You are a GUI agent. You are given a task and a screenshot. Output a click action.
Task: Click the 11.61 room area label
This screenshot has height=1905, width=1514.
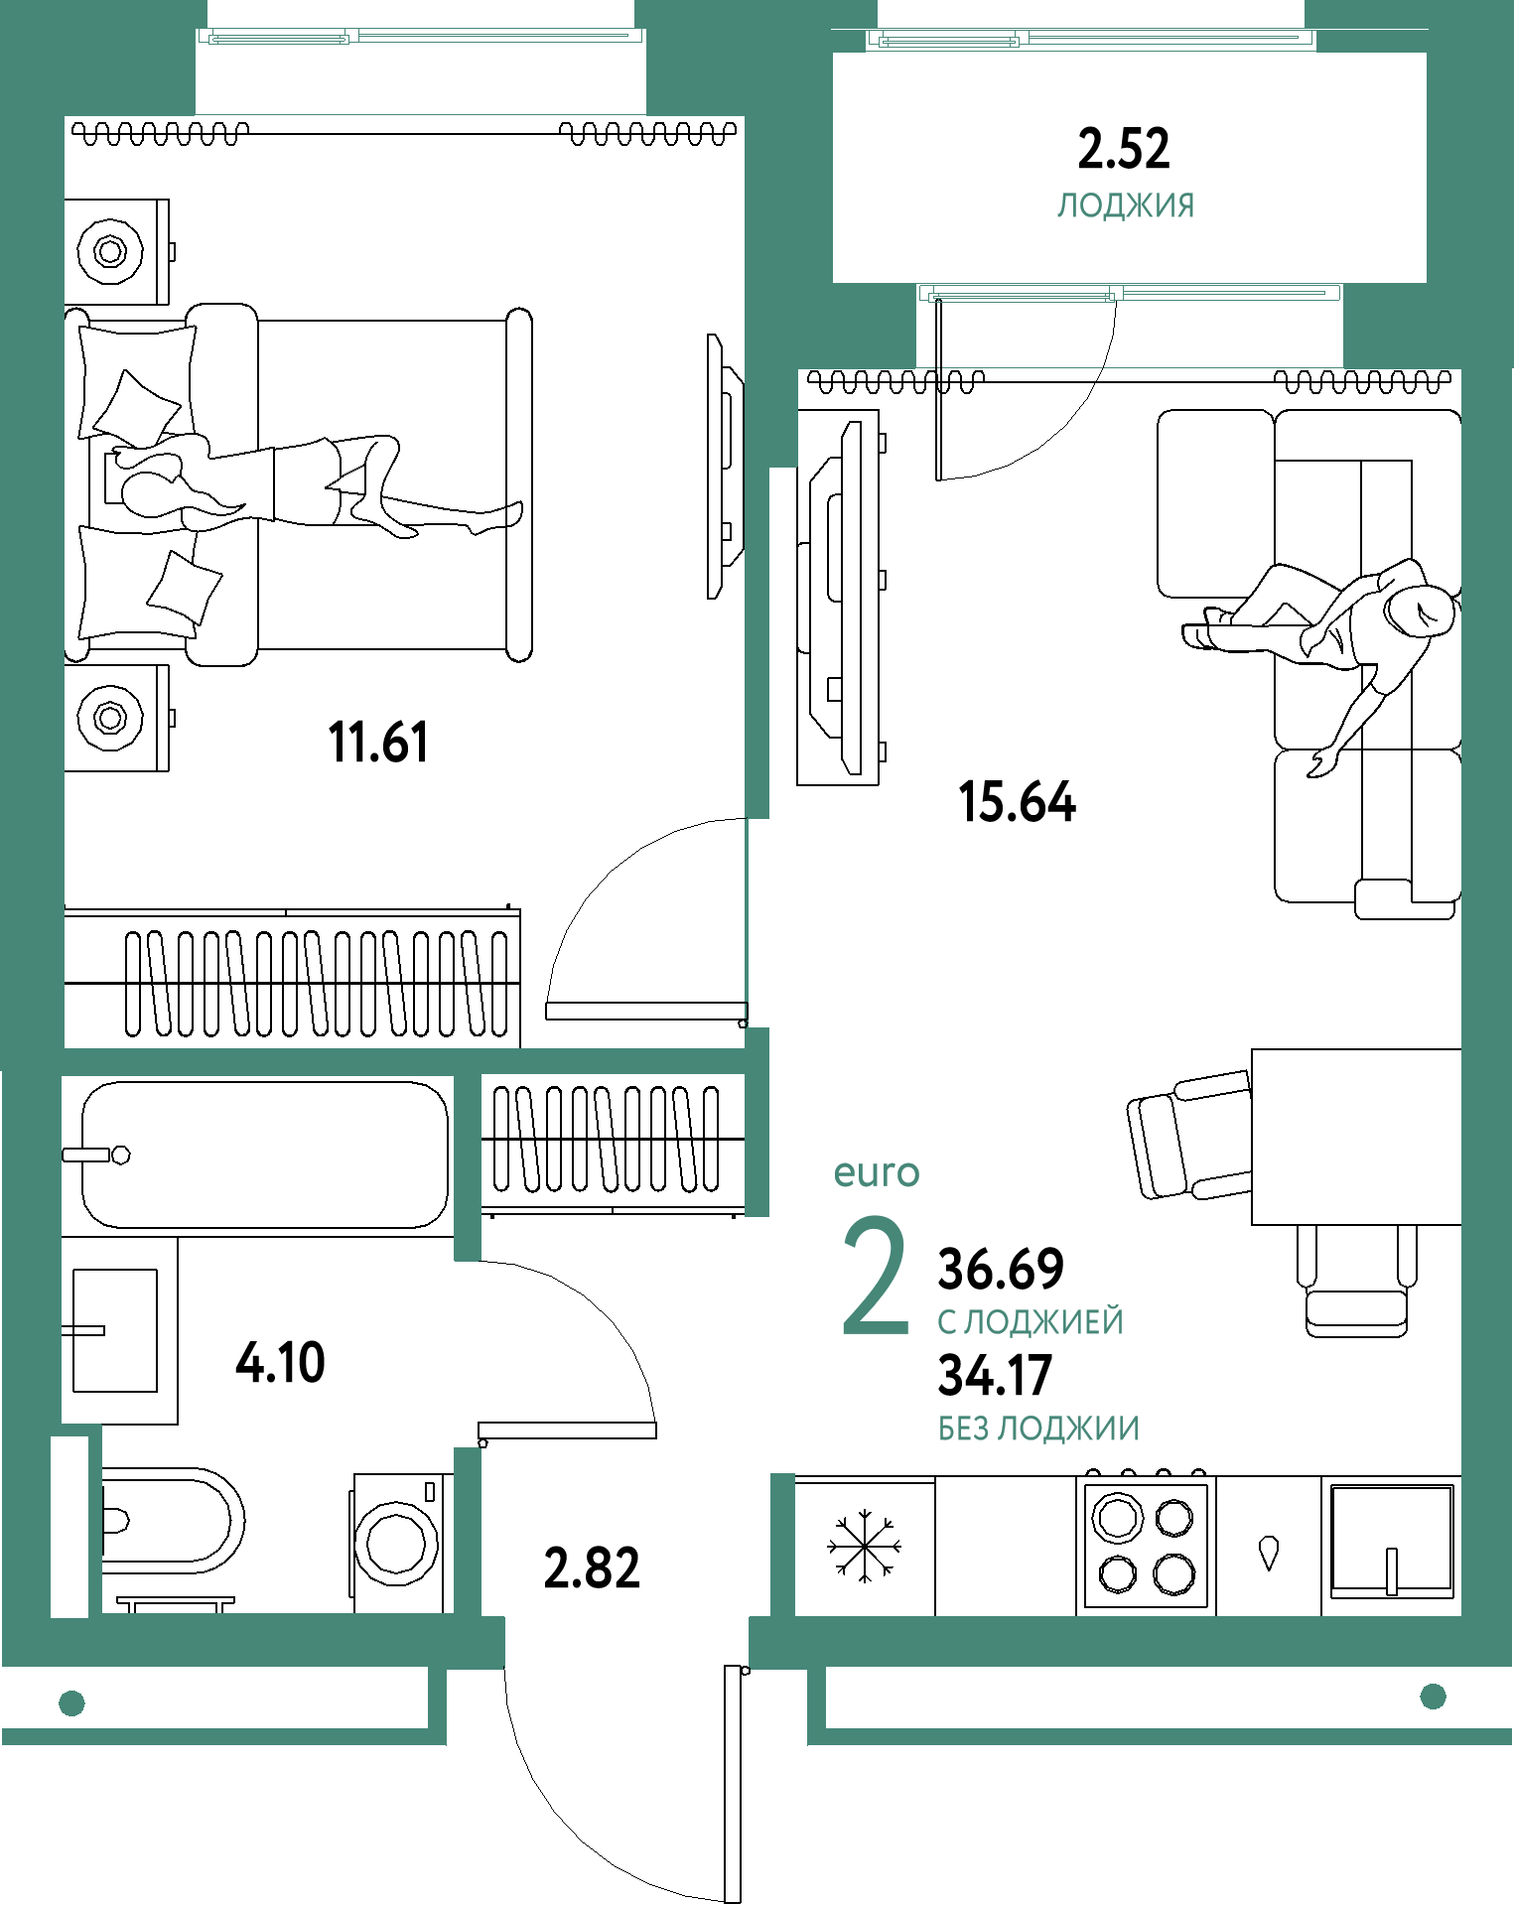click(378, 742)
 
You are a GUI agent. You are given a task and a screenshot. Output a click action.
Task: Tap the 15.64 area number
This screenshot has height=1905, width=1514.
click(1018, 801)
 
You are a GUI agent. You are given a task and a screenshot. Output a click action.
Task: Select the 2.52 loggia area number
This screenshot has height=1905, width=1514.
click(1124, 149)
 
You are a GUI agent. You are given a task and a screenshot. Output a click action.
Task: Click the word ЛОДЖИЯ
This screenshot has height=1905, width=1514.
click(1126, 205)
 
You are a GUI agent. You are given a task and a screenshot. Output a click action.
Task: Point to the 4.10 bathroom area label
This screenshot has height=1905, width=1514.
click(280, 1362)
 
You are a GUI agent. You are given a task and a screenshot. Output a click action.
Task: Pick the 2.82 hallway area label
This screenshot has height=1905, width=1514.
click(592, 1568)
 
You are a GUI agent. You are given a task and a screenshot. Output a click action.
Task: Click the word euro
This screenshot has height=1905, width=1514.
click(877, 1172)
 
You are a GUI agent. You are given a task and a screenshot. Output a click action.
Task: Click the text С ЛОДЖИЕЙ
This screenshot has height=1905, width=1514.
click(1030, 1322)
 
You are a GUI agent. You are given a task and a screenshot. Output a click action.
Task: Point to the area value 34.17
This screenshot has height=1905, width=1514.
click(995, 1375)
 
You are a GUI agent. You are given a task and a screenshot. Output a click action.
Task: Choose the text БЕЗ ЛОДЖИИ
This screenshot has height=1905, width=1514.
click(1038, 1429)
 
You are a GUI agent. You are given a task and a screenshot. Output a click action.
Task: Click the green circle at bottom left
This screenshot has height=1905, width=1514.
click(71, 1703)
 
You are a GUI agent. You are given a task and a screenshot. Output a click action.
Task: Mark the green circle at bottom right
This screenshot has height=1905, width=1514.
click(1433, 1697)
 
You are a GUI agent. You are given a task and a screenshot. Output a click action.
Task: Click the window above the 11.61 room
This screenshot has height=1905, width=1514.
click(420, 37)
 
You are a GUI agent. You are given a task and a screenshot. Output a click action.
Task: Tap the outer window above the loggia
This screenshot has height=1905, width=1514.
click(1090, 40)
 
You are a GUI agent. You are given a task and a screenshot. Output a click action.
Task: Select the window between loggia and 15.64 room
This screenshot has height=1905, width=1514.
click(1129, 294)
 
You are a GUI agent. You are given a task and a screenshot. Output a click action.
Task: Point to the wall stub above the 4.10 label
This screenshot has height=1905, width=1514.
click(468, 1167)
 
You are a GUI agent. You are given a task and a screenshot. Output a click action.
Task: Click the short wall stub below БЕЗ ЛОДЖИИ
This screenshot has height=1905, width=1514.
click(783, 1545)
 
